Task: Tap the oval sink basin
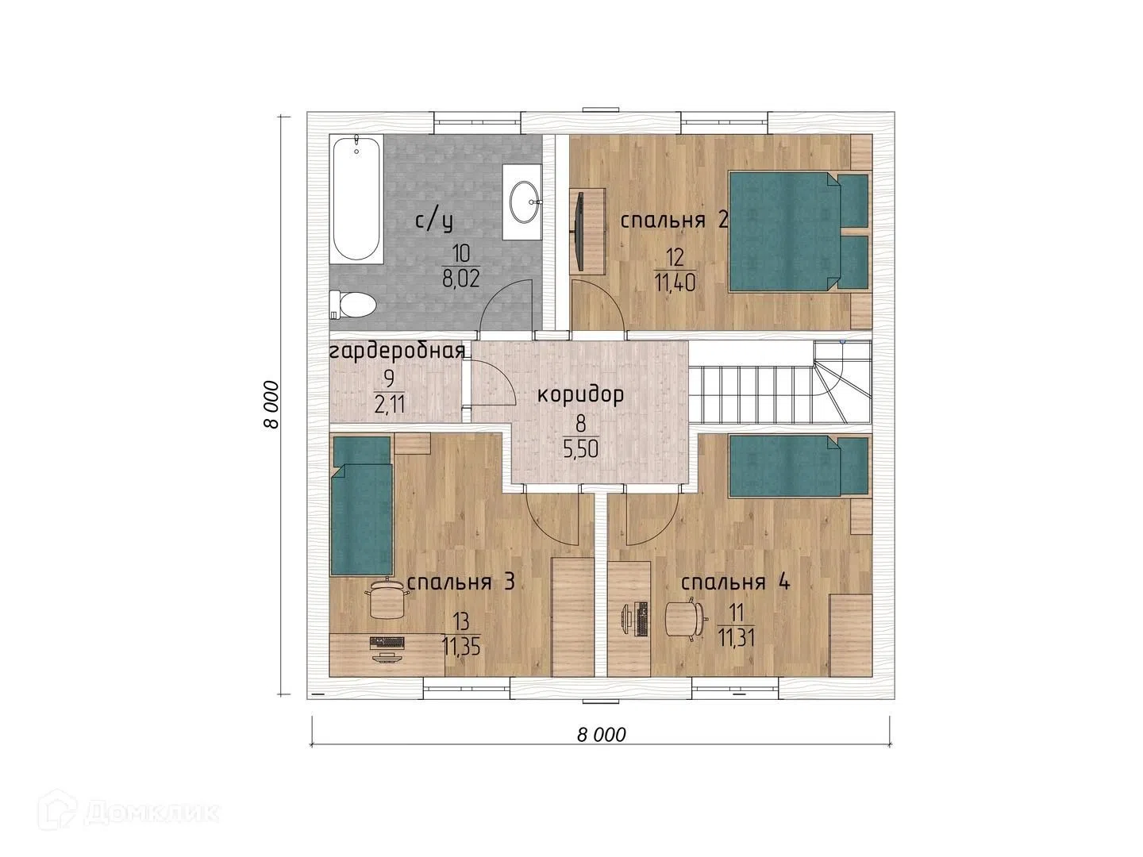pyautogui.click(x=524, y=202)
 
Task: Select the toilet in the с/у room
pyautogui.click(x=352, y=305)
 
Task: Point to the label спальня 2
pyautogui.click(x=674, y=221)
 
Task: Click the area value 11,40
pyautogui.click(x=675, y=283)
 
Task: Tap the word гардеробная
pyautogui.click(x=397, y=352)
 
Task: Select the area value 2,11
pyautogui.click(x=390, y=405)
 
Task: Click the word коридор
pyautogui.click(x=580, y=395)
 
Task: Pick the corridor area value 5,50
pyautogui.click(x=580, y=449)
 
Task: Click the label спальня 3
pyautogui.click(x=461, y=582)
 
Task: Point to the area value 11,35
pyautogui.click(x=461, y=648)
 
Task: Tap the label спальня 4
pyautogui.click(x=736, y=582)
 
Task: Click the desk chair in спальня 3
pyautogui.click(x=387, y=599)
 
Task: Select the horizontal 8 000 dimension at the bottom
pyautogui.click(x=602, y=736)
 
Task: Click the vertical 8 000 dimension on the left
pyautogui.click(x=271, y=405)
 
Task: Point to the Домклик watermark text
pyautogui.click(x=150, y=813)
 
